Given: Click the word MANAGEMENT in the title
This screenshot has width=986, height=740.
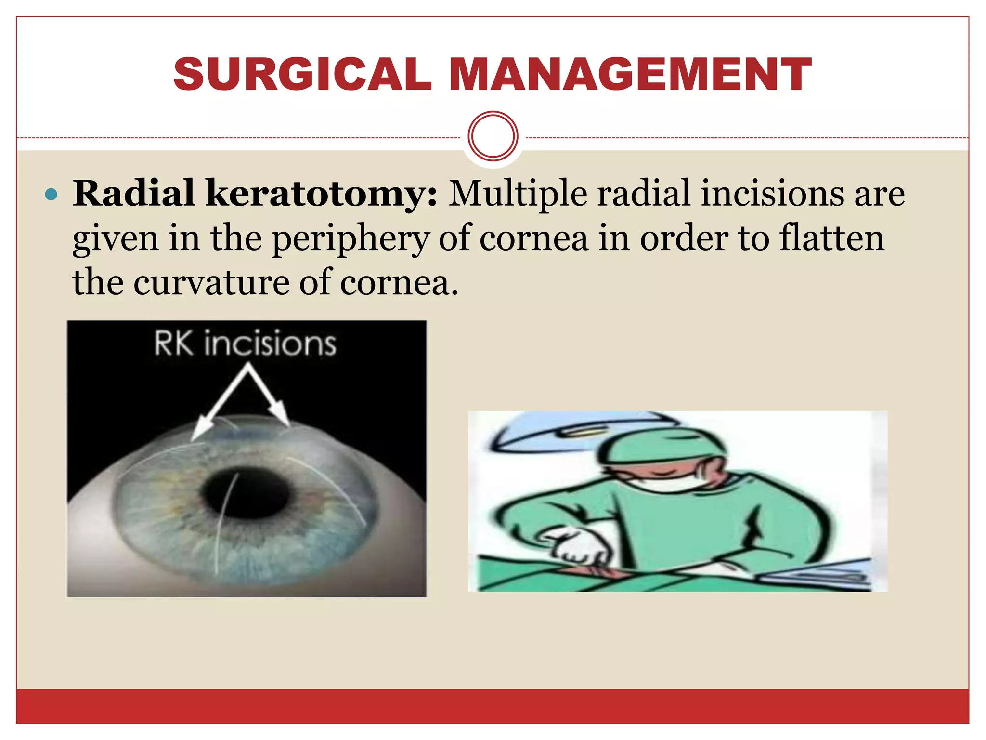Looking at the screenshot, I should pyautogui.click(x=630, y=74).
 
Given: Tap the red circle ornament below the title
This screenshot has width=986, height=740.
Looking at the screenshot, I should pyautogui.click(x=493, y=136).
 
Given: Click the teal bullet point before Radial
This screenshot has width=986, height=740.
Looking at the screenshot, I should pyautogui.click(x=51, y=195).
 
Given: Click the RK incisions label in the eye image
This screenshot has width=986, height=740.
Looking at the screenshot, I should pyautogui.click(x=245, y=344).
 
